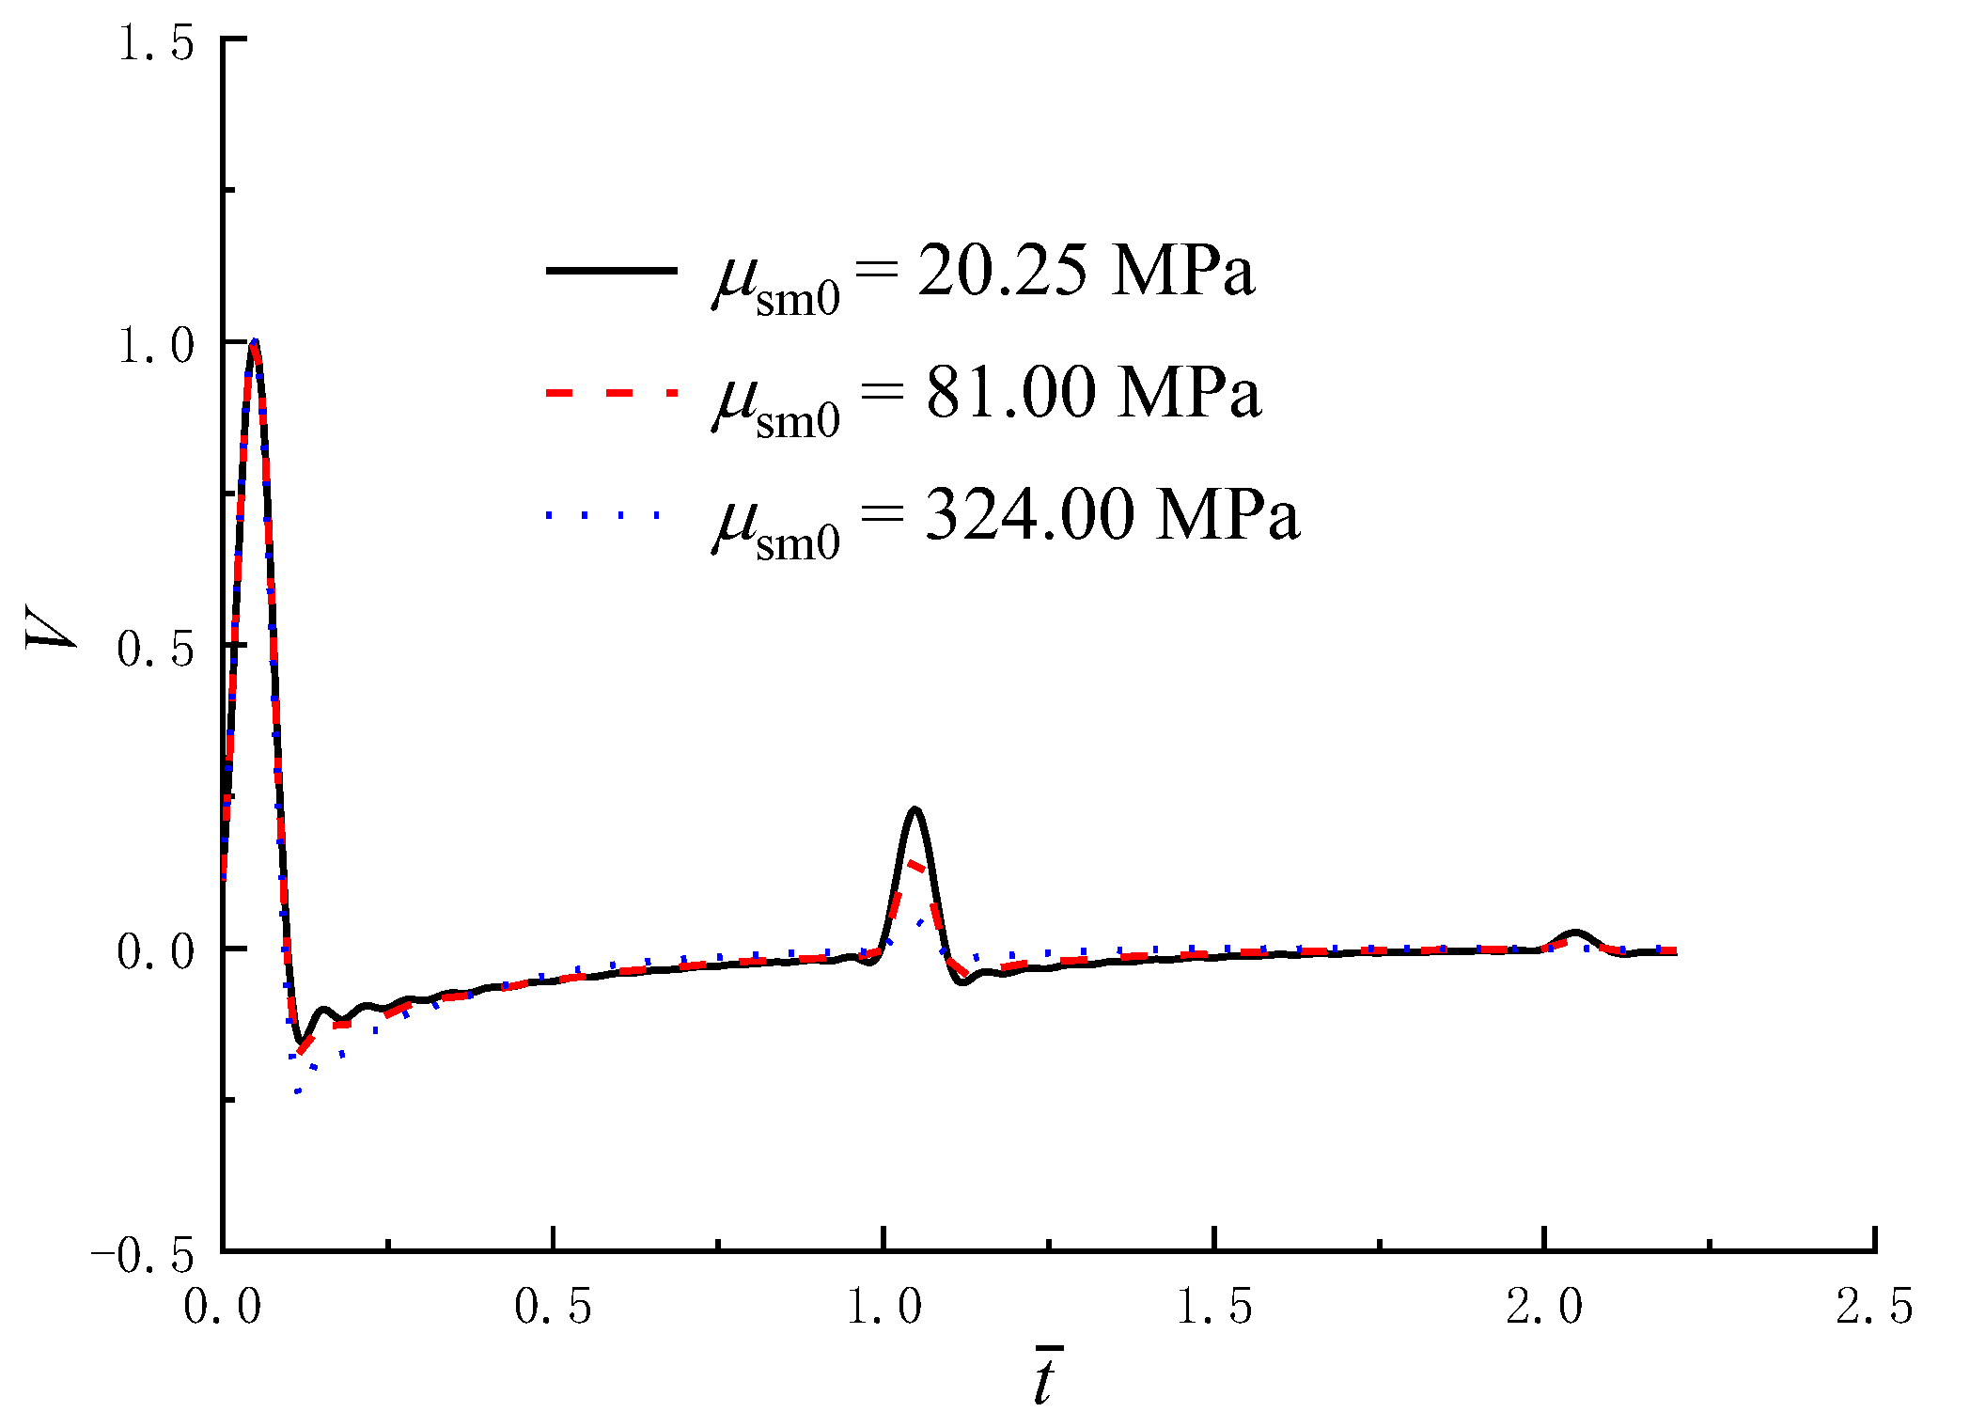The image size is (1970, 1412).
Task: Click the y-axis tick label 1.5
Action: click(x=155, y=43)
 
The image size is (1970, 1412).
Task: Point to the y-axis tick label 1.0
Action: click(x=155, y=345)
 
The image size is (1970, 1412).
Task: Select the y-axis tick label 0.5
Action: click(x=155, y=649)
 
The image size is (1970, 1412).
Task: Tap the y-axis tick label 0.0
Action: click(x=155, y=951)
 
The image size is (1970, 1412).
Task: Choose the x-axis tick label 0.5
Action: click(x=554, y=1307)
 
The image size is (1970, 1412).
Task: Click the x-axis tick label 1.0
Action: click(x=884, y=1307)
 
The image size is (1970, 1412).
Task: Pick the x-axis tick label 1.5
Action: click(x=1215, y=1307)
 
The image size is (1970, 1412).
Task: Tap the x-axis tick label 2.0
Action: click(x=1545, y=1307)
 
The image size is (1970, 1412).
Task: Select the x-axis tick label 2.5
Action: click(x=1875, y=1307)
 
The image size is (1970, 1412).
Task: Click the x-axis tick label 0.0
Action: click(x=223, y=1307)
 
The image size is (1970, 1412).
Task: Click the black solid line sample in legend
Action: click(x=611, y=271)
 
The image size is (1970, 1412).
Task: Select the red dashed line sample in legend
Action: click(x=611, y=393)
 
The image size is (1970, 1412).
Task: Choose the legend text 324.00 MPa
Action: click(x=1112, y=515)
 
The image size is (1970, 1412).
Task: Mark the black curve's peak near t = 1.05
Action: click(x=915, y=809)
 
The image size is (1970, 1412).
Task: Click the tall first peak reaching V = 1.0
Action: click(x=254, y=342)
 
